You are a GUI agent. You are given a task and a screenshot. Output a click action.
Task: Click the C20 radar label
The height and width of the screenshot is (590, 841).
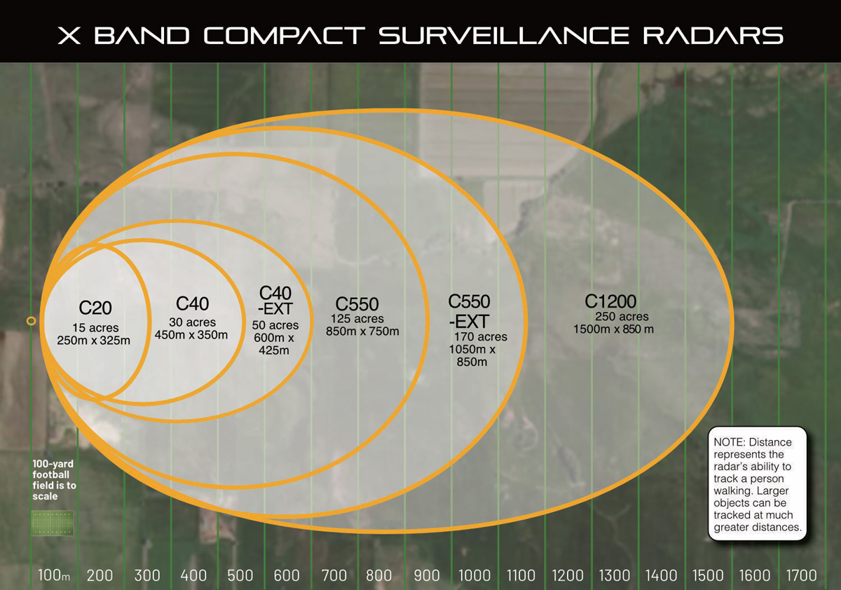95,308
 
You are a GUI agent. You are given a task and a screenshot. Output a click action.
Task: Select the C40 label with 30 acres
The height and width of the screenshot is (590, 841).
192,303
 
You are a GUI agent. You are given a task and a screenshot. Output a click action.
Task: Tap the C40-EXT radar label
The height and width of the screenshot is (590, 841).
275,300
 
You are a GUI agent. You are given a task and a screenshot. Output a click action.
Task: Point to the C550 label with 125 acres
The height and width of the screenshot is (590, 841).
357,304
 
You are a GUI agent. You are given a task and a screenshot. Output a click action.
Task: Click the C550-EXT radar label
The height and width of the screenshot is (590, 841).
469,311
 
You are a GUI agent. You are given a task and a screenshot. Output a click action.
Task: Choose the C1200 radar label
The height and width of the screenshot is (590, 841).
610,301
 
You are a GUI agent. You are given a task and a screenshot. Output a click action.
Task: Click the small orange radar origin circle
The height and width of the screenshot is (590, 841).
31,321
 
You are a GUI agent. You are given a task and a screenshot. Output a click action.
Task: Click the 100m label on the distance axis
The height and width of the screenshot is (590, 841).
54,576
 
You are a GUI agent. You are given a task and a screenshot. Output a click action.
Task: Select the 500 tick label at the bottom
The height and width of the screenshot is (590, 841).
240,576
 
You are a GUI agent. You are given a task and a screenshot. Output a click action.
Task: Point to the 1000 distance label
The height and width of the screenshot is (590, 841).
474,576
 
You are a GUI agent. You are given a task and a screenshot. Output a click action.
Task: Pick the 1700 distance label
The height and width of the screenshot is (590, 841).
802,576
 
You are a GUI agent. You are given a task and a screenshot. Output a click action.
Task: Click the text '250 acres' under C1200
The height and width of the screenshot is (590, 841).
622,317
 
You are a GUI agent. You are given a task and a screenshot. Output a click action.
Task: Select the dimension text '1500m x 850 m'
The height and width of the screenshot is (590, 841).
613,329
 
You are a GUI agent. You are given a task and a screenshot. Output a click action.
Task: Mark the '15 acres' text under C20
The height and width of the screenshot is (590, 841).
95,328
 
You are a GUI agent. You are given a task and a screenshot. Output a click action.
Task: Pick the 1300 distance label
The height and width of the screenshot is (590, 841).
615,576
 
